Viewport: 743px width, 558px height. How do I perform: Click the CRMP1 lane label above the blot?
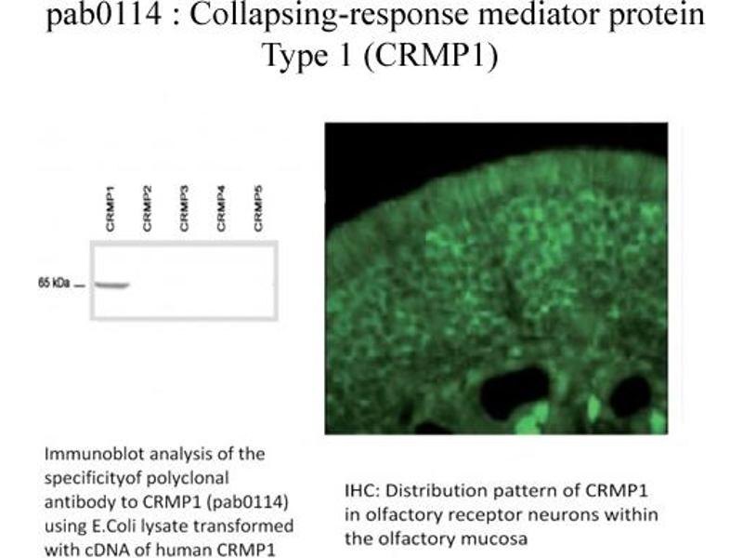[111, 209]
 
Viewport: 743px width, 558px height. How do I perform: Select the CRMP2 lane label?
[148, 209]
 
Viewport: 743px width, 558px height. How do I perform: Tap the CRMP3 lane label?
[184, 209]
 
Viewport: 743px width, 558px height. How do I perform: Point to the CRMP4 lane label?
[221, 209]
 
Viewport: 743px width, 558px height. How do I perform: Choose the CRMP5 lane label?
[258, 209]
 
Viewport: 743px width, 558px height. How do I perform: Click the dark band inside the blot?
[111, 286]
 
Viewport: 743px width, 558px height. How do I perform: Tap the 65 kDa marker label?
[54, 284]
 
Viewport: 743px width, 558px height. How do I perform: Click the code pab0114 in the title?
[104, 15]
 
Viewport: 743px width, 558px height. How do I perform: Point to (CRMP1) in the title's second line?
[431, 56]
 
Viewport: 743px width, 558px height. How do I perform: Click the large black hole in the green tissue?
[515, 392]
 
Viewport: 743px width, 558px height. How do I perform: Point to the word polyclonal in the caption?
[188, 478]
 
